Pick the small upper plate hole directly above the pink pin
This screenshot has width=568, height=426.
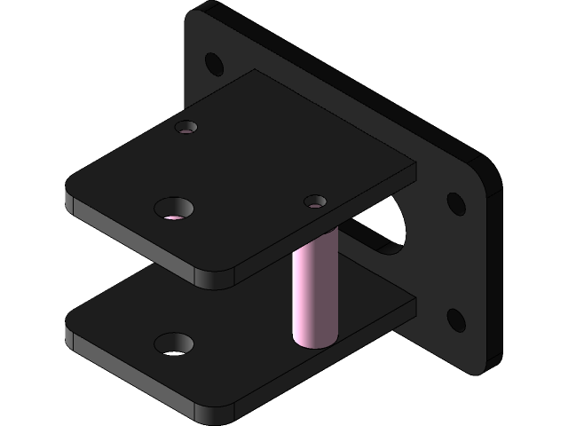click(314, 202)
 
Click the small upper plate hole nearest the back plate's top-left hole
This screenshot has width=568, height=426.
click(186, 128)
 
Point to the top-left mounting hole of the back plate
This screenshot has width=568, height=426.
click(213, 63)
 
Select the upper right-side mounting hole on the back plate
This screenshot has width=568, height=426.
click(455, 203)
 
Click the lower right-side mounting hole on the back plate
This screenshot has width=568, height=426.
click(455, 319)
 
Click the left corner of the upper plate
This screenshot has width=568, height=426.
click(69, 193)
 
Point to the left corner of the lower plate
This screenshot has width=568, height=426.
click(69, 328)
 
